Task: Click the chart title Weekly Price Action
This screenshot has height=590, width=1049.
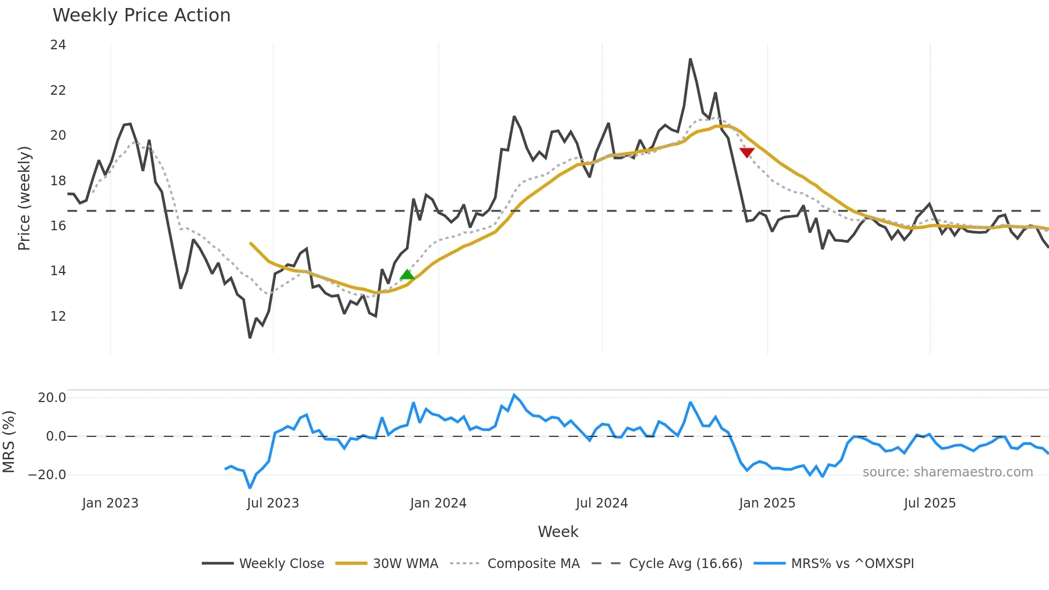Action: click(141, 16)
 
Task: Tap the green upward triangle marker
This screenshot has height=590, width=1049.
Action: click(407, 275)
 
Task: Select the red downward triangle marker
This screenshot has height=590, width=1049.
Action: click(747, 153)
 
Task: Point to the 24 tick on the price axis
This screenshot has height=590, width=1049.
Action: click(58, 45)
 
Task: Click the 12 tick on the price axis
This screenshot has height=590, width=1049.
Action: click(58, 316)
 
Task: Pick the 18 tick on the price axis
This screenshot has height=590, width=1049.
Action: click(58, 181)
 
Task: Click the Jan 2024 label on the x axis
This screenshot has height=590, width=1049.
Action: click(438, 503)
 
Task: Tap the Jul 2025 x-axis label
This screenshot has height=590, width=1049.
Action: click(930, 503)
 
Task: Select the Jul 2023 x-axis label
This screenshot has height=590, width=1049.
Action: click(273, 503)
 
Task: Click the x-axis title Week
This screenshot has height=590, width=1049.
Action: click(558, 532)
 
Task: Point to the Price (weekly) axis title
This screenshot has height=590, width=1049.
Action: click(24, 198)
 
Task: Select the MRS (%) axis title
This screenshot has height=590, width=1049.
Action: click(9, 442)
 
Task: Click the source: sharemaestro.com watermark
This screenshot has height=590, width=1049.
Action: click(947, 472)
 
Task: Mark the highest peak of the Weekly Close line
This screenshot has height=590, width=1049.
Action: click(690, 59)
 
